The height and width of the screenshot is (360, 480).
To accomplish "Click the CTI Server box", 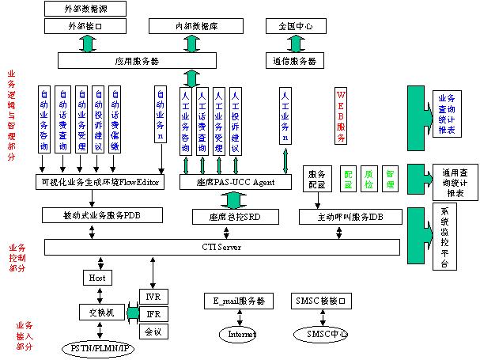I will (221, 248).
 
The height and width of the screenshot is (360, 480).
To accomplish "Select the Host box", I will (97, 278).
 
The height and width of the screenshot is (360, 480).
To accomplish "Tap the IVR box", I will (153, 297).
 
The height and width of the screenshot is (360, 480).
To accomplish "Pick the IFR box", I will (153, 314).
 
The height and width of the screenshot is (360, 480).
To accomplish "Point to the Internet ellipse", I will (242, 335).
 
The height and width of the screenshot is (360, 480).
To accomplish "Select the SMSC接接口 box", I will (321, 301).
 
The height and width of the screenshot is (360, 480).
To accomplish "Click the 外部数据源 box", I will (85, 9).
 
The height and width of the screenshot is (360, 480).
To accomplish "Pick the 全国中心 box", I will (295, 26).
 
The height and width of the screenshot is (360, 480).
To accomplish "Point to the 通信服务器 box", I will (295, 60).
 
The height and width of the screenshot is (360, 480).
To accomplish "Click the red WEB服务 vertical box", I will (341, 116).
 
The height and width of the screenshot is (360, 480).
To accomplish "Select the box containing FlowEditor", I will (102, 182).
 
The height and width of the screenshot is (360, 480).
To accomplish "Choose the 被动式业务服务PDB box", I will (102, 215).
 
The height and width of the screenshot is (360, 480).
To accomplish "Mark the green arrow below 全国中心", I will (293, 43).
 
